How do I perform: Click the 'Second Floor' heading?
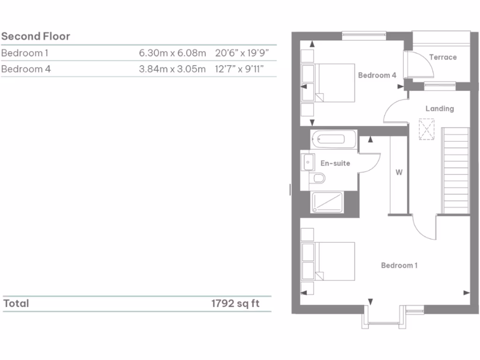tap(36, 37)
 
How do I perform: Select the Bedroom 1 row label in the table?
tap(25, 53)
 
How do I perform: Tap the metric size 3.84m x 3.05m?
tap(172, 69)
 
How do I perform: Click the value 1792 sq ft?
tap(235, 303)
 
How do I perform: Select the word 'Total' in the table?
tap(16, 303)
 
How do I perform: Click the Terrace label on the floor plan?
tap(442, 57)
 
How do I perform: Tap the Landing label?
tap(439, 109)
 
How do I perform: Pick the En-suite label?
tap(335, 163)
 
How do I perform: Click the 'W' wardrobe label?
tap(399, 172)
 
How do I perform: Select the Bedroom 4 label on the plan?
tap(377, 75)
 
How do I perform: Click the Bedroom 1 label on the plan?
tap(399, 265)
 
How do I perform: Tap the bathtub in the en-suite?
tap(333, 139)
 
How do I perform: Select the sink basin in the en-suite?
tap(308, 162)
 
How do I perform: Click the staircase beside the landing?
tap(455, 171)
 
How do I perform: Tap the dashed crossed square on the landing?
tap(426, 129)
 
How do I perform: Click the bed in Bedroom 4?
tap(334, 83)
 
